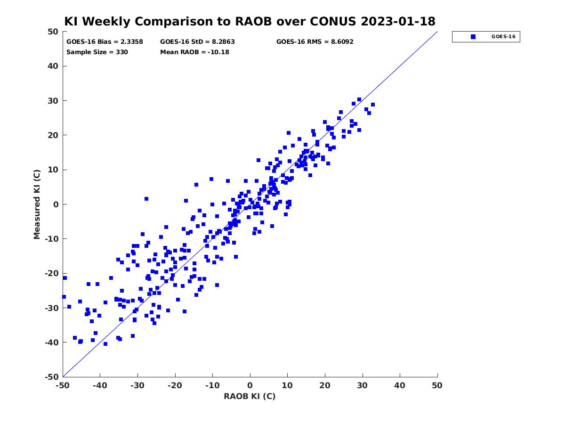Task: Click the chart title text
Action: click(x=250, y=21)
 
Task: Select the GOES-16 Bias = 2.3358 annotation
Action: click(x=105, y=42)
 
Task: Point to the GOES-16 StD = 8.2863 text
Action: click(x=197, y=42)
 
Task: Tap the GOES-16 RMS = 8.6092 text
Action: click(x=315, y=42)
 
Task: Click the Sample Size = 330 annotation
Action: click(x=97, y=52)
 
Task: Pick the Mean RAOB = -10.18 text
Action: click(x=194, y=52)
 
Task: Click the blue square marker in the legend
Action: click(x=473, y=37)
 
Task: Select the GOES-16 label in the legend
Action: click(x=503, y=37)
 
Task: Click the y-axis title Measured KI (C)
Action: click(x=37, y=204)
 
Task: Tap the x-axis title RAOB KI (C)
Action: click(x=250, y=396)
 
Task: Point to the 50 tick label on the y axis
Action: click(x=53, y=32)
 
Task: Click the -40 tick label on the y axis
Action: click(x=52, y=342)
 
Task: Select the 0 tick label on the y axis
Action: click(x=56, y=204)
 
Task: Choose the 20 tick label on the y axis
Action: click(x=53, y=135)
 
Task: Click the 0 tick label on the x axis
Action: click(x=250, y=385)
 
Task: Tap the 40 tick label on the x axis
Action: click(x=399, y=385)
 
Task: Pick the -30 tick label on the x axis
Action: click(x=137, y=385)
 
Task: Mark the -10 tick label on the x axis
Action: click(x=212, y=385)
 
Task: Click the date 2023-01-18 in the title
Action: click(x=398, y=21)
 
